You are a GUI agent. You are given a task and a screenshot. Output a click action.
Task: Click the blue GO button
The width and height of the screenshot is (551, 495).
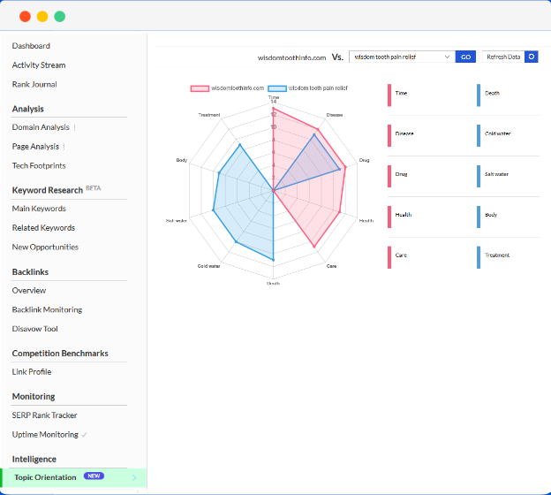click(465, 57)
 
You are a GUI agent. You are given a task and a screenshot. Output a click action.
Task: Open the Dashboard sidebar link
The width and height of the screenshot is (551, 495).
click(31, 46)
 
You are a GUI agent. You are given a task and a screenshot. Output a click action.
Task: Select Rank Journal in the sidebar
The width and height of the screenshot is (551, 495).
click(34, 85)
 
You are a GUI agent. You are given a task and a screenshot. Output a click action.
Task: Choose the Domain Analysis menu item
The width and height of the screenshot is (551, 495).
click(41, 127)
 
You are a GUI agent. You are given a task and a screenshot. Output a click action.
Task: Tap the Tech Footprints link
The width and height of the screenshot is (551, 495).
click(39, 166)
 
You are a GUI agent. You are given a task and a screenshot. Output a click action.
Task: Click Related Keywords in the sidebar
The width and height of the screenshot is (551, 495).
click(43, 228)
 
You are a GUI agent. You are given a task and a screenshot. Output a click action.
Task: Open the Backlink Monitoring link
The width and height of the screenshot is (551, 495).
click(47, 309)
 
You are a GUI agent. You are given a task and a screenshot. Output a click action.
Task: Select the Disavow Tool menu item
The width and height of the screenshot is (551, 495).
click(35, 329)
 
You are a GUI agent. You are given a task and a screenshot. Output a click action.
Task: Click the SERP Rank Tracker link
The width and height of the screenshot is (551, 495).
click(44, 415)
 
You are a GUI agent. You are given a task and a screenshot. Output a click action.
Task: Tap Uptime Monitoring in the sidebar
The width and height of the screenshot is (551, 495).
click(45, 435)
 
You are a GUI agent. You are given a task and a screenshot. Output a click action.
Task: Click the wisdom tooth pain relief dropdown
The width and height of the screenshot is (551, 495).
click(402, 57)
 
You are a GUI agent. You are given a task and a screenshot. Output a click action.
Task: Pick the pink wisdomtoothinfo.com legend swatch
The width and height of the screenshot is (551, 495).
click(200, 88)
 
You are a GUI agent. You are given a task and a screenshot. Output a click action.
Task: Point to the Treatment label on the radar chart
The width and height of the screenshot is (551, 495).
click(209, 115)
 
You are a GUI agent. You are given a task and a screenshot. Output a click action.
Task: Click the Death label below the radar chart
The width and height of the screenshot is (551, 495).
click(274, 283)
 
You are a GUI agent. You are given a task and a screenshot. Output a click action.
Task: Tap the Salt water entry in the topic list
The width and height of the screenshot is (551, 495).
click(496, 174)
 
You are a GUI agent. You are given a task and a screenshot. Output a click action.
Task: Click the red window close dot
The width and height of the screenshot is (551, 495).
click(24, 16)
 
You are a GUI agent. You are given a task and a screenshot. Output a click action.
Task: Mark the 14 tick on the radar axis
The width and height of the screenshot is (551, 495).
click(274, 102)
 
